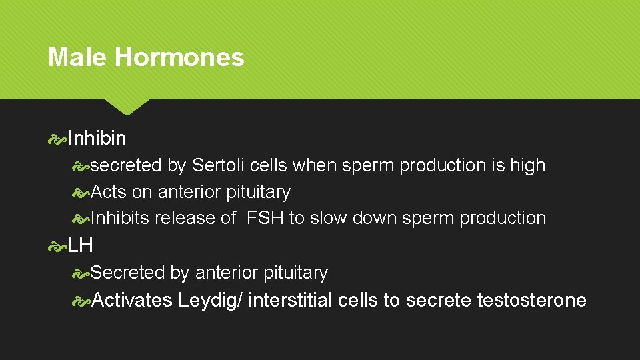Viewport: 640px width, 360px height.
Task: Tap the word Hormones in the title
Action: pos(179,57)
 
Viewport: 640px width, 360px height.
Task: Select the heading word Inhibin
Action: pos(97,139)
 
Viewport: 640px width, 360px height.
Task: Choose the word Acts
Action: pos(109,192)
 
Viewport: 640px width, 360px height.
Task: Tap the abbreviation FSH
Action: pos(265,218)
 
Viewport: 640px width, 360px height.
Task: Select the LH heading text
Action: pos(80,245)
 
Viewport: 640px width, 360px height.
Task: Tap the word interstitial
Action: pos(293,300)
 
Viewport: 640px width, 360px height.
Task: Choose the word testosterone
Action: pos(531,300)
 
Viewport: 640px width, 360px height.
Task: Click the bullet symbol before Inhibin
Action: pos(57,139)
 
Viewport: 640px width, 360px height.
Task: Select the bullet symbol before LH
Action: pos(57,246)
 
